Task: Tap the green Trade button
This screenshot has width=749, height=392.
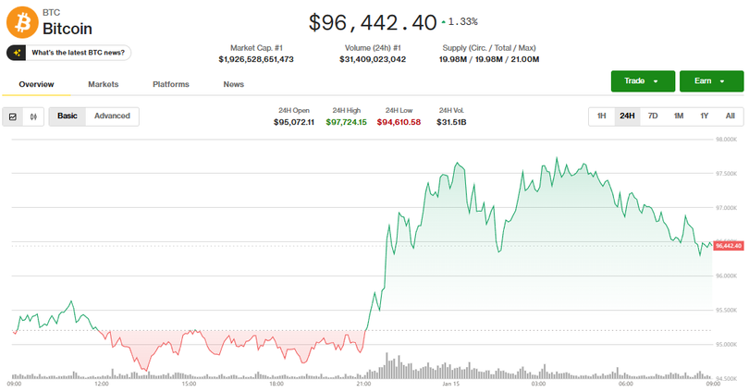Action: (642, 81)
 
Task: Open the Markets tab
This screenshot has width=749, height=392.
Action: (104, 84)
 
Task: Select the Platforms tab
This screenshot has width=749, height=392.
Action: (171, 84)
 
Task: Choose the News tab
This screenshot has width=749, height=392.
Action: (234, 84)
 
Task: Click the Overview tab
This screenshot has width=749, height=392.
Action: (37, 84)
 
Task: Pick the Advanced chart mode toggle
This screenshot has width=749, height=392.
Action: (112, 116)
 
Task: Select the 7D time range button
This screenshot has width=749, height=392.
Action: (653, 116)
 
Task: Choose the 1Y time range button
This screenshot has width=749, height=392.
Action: (705, 116)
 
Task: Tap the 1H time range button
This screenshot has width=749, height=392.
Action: (601, 116)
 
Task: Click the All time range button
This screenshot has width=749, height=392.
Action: (730, 116)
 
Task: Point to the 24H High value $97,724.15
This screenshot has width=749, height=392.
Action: (346, 122)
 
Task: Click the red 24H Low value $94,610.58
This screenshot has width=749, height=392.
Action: (399, 122)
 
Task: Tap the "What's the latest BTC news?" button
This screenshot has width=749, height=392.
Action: (69, 53)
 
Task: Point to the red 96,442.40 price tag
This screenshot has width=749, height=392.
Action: (729, 245)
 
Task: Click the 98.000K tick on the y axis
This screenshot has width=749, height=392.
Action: (726, 140)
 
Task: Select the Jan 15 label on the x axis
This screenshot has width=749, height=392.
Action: (451, 383)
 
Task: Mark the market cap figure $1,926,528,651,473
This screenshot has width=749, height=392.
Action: (256, 59)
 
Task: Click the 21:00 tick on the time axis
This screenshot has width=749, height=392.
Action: (363, 383)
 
